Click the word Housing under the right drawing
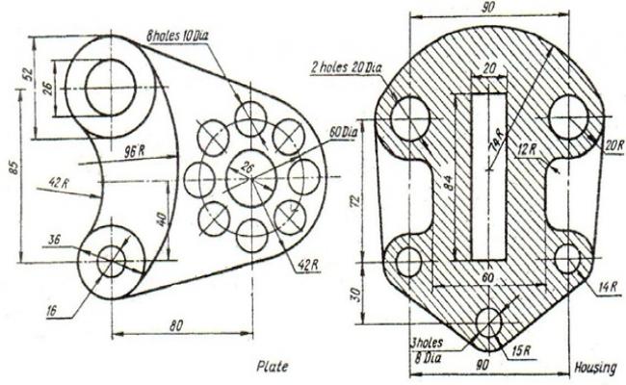(594, 368)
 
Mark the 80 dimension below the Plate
(176, 326)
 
